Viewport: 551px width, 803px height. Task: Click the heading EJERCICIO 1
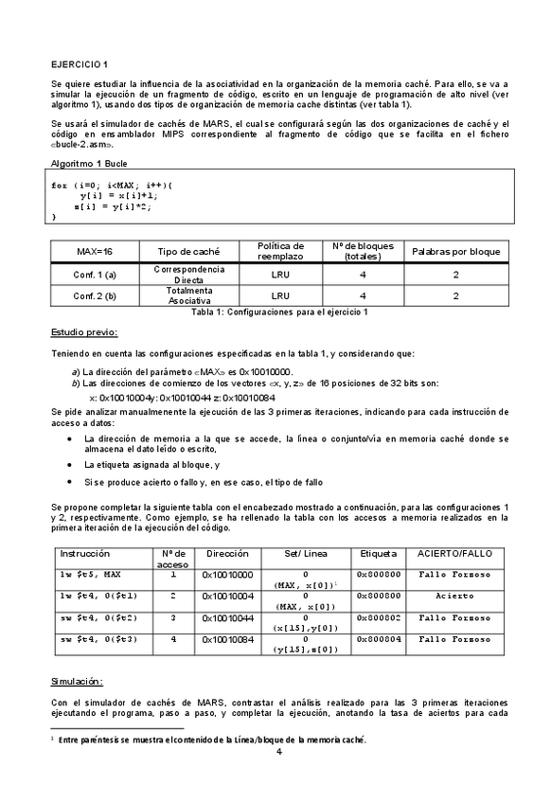[80, 62]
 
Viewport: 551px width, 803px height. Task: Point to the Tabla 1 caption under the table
[278, 312]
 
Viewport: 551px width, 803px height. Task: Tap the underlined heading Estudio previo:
[84, 333]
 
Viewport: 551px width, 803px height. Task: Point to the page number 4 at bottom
[278, 752]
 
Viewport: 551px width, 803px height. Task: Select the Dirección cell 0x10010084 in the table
[227, 641]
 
